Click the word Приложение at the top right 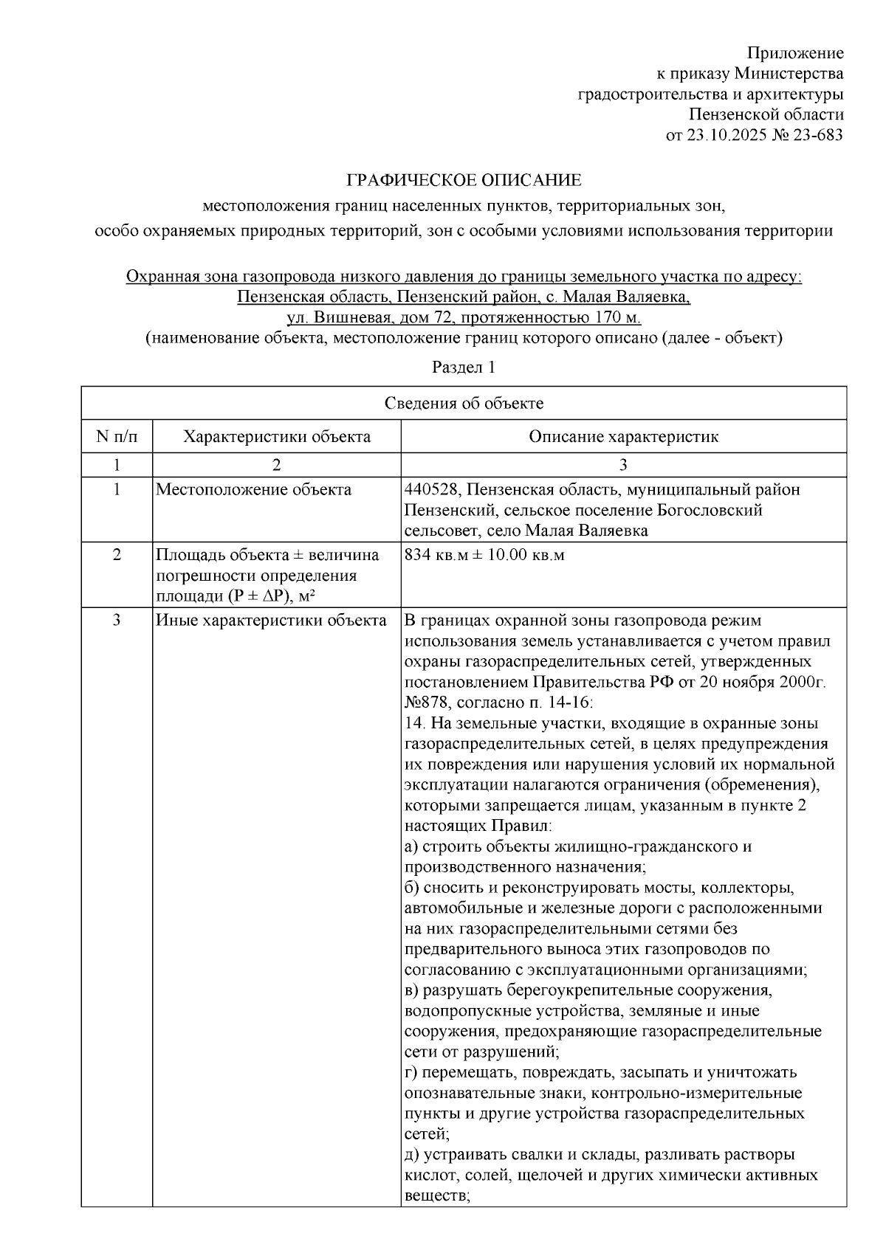795,53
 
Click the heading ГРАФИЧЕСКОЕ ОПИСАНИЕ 464,180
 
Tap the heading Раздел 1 463,367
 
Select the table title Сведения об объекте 464,403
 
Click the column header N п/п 117,437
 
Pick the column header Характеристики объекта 277,437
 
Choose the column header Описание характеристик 623,437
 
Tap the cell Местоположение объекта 253,490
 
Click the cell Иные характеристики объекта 271,620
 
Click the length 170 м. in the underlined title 615,318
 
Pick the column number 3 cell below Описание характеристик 623,465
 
